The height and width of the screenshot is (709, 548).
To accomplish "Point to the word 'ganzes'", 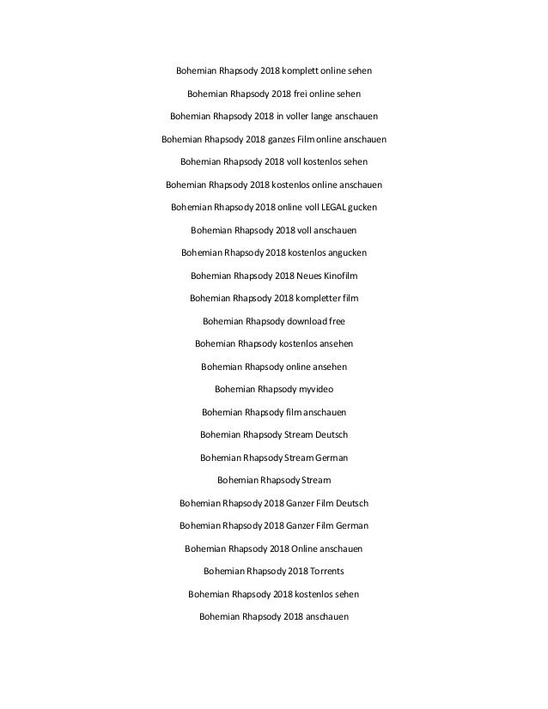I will [286, 137].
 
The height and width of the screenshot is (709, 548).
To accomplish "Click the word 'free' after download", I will [336, 322].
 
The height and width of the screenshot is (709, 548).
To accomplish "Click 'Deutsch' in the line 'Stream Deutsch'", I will [330, 434].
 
